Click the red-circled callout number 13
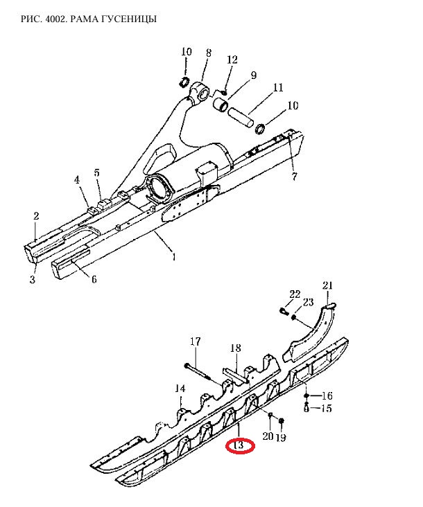(x=239, y=445)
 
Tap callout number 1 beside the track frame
(x=174, y=257)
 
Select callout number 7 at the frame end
(x=294, y=177)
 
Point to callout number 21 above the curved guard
(x=327, y=285)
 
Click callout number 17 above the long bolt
(x=195, y=341)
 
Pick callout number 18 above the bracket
(x=236, y=348)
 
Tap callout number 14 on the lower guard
(x=180, y=389)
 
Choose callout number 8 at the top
(x=209, y=53)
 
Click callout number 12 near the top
(x=232, y=60)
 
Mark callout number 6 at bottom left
(x=94, y=278)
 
